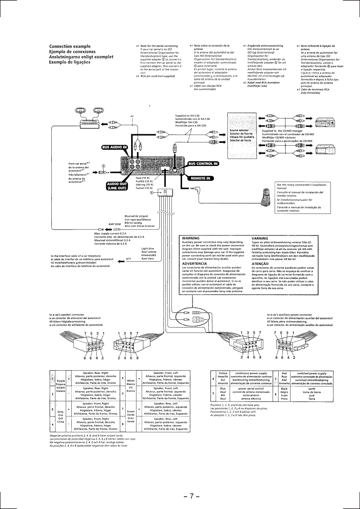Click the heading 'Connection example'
coord(70,47)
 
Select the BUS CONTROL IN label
coord(203,163)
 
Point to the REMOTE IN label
coord(200,178)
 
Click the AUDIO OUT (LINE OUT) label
coord(116,186)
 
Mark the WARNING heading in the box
coord(191,238)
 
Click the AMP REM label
coord(114,224)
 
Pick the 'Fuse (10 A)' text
coord(143,178)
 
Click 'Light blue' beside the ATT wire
coord(148,249)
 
